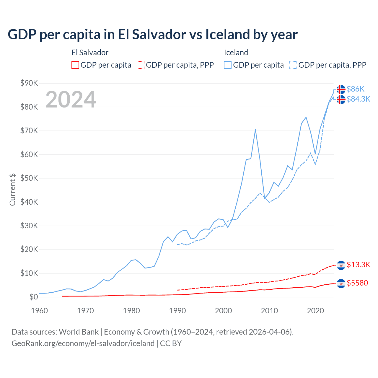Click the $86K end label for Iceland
(x=356, y=89)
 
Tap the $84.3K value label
(x=358, y=99)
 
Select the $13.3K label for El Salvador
(x=358, y=265)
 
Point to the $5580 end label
(x=357, y=283)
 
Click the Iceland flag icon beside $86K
(x=341, y=89)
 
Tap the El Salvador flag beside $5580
(x=341, y=283)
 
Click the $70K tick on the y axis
(x=29, y=131)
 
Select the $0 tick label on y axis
(x=34, y=297)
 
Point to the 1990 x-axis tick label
(x=177, y=311)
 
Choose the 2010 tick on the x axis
(x=269, y=311)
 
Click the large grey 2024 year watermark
(x=71, y=100)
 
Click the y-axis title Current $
(x=12, y=189)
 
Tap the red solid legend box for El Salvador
(x=75, y=65)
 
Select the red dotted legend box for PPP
(x=141, y=65)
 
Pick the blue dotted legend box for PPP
(x=293, y=65)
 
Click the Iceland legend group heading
(x=236, y=53)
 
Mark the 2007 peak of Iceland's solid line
(x=255, y=129)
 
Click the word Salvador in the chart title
(x=158, y=35)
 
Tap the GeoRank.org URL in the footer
(x=83, y=343)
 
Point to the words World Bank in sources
(x=79, y=332)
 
